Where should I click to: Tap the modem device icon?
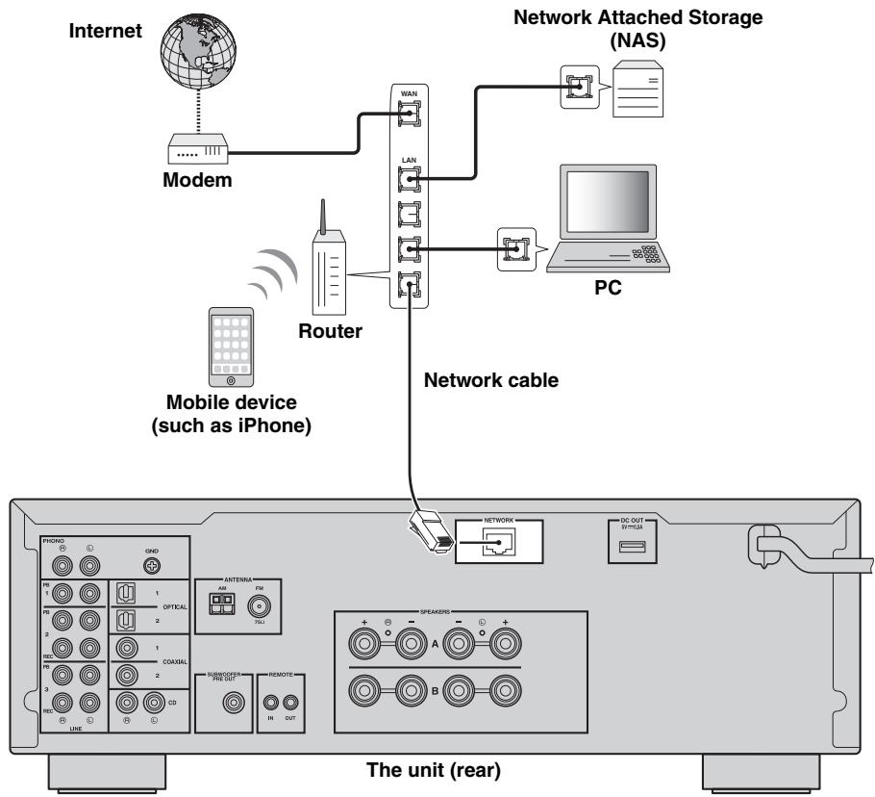[x=198, y=149]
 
